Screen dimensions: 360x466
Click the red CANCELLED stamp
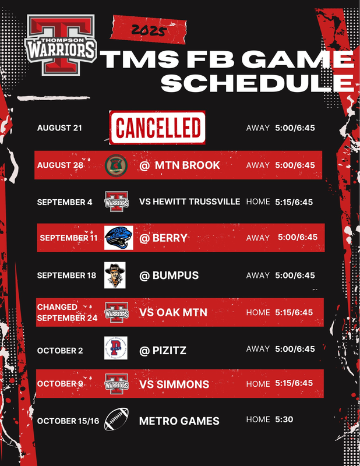pyautogui.click(x=157, y=128)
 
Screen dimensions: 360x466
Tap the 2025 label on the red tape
pyautogui.click(x=148, y=30)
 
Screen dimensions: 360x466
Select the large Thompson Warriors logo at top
pyautogui.click(x=61, y=45)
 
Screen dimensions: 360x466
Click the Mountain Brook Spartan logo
pyautogui.click(x=117, y=165)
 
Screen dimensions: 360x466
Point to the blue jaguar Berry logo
pyautogui.click(x=119, y=238)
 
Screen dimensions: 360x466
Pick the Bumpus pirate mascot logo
pyautogui.click(x=115, y=275)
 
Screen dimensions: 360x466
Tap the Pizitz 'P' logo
pyautogui.click(x=116, y=348)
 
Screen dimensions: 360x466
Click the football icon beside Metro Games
pyautogui.click(x=117, y=419)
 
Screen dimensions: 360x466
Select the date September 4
pyautogui.click(x=65, y=202)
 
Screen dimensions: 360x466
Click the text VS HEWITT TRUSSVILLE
pyautogui.click(x=190, y=202)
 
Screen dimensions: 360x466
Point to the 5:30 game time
pyautogui.click(x=284, y=419)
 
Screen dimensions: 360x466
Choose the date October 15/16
pyautogui.click(x=68, y=421)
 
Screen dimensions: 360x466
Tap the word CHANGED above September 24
pyautogui.click(x=57, y=307)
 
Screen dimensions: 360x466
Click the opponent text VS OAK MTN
pyautogui.click(x=173, y=312)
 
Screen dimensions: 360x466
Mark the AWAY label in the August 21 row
pyautogui.click(x=257, y=128)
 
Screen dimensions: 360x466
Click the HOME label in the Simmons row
pyautogui.click(x=258, y=384)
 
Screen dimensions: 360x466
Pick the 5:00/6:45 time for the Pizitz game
pyautogui.click(x=295, y=348)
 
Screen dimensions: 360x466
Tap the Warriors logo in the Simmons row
pyautogui.click(x=117, y=384)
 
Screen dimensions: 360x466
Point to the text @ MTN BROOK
pyautogui.click(x=179, y=165)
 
